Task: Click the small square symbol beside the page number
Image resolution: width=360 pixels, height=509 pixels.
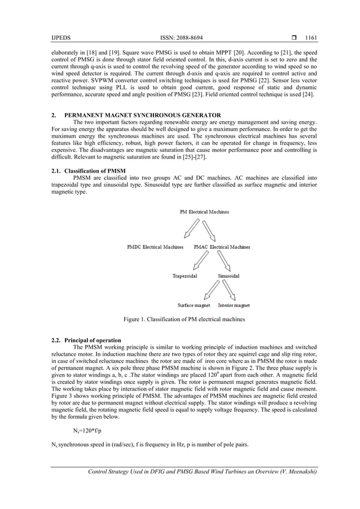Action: point(294,38)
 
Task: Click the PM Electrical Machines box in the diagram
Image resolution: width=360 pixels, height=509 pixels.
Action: point(204,212)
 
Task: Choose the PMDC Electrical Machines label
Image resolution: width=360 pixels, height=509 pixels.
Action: point(155,247)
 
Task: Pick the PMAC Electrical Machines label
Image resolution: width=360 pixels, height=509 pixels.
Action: point(222,247)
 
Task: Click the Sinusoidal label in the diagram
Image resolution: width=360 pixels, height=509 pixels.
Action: point(229,276)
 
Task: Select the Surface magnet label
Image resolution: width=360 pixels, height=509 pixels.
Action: point(194,305)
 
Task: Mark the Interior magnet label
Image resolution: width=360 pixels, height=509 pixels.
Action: point(234,305)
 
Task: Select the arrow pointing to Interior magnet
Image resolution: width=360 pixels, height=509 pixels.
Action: point(229,291)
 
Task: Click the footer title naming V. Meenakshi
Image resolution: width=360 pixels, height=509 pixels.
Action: point(199,472)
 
